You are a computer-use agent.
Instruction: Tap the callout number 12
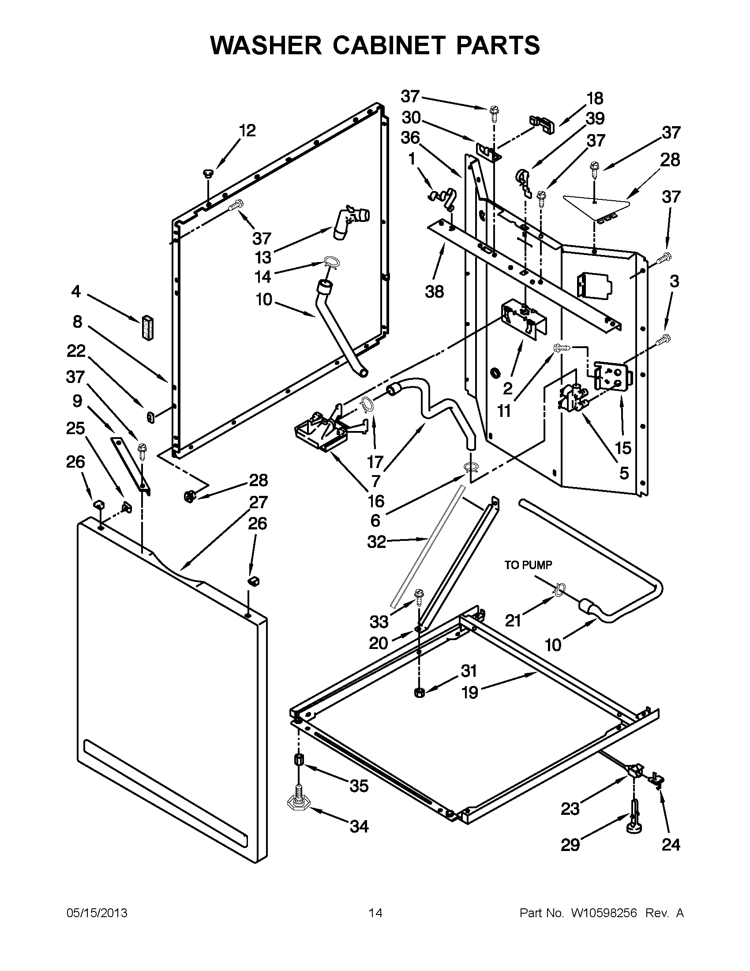pos(247,131)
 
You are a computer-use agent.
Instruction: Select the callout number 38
pos(435,292)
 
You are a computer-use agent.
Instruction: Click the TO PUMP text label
pos(528,565)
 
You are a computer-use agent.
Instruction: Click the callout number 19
pos(469,692)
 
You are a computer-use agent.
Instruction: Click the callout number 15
pos(623,448)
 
